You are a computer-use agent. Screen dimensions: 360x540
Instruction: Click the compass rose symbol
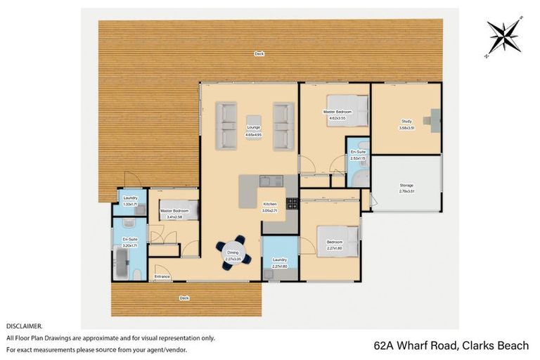coord(505,37)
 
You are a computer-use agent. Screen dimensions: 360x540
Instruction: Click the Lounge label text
coord(253,127)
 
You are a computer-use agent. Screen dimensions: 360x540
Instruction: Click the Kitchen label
coord(271,205)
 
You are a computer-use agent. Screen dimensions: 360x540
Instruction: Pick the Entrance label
coord(162,276)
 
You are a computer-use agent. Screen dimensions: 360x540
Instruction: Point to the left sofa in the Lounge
coord(226,126)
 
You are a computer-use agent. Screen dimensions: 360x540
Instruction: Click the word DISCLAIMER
coord(24,326)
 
